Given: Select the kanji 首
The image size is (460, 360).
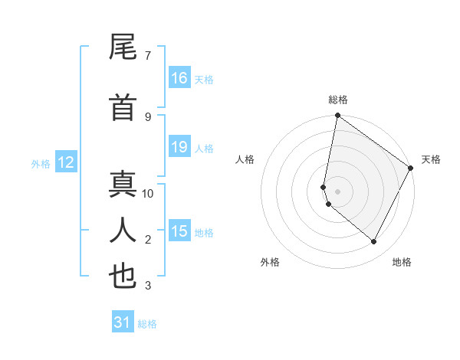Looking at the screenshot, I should click(123, 108).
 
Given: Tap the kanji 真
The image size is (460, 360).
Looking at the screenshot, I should click(123, 186).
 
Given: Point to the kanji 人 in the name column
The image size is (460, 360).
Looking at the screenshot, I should click(123, 230).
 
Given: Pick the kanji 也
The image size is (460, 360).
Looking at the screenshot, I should click(123, 277).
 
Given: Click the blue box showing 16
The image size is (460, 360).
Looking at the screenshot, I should click(179, 78).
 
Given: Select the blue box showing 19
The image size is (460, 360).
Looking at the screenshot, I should click(179, 147).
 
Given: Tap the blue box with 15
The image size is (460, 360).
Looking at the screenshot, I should click(179, 231).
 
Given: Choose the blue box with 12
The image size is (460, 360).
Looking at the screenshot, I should click(66, 162).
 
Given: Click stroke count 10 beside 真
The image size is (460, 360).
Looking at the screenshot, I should click(148, 193).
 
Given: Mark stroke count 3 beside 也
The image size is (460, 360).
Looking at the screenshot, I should click(148, 286).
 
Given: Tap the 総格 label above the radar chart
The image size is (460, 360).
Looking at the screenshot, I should click(338, 100).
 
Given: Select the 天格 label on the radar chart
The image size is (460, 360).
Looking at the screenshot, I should click(431, 159).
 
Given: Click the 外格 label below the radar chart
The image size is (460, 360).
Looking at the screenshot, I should click(270, 262).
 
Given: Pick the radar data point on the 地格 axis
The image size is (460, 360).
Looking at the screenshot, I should click(374, 242).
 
